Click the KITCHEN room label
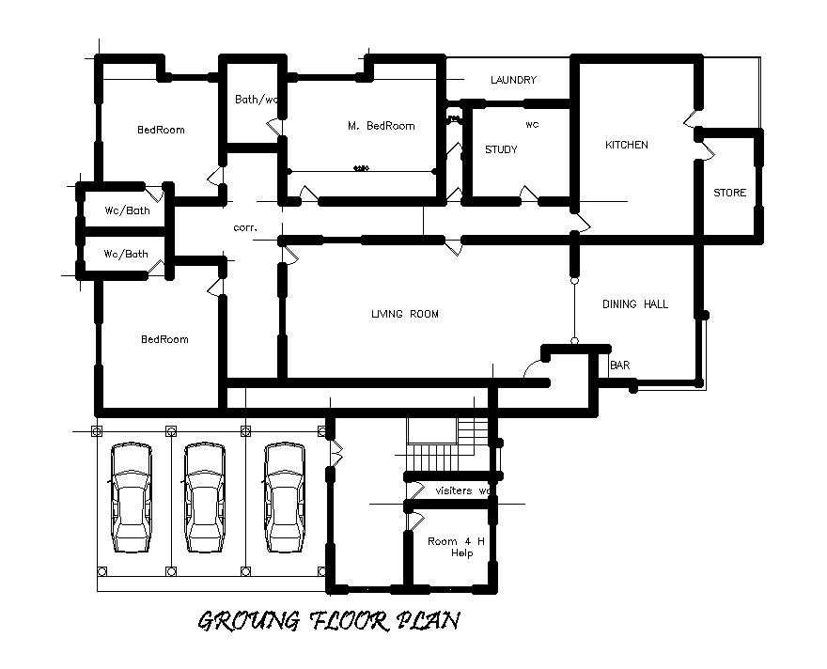pos(626,145)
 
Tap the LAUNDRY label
pos(513,80)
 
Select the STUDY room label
pos(501,149)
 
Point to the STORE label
pos(730,193)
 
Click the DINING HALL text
pos(634,303)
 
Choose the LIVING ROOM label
pos(405,314)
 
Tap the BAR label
pos(620,365)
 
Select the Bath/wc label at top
pos(257,99)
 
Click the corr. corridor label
pos(244,227)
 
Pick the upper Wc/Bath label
pos(126,210)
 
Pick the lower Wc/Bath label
pos(126,254)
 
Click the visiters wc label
pos(463,490)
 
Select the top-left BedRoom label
pos(161,130)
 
